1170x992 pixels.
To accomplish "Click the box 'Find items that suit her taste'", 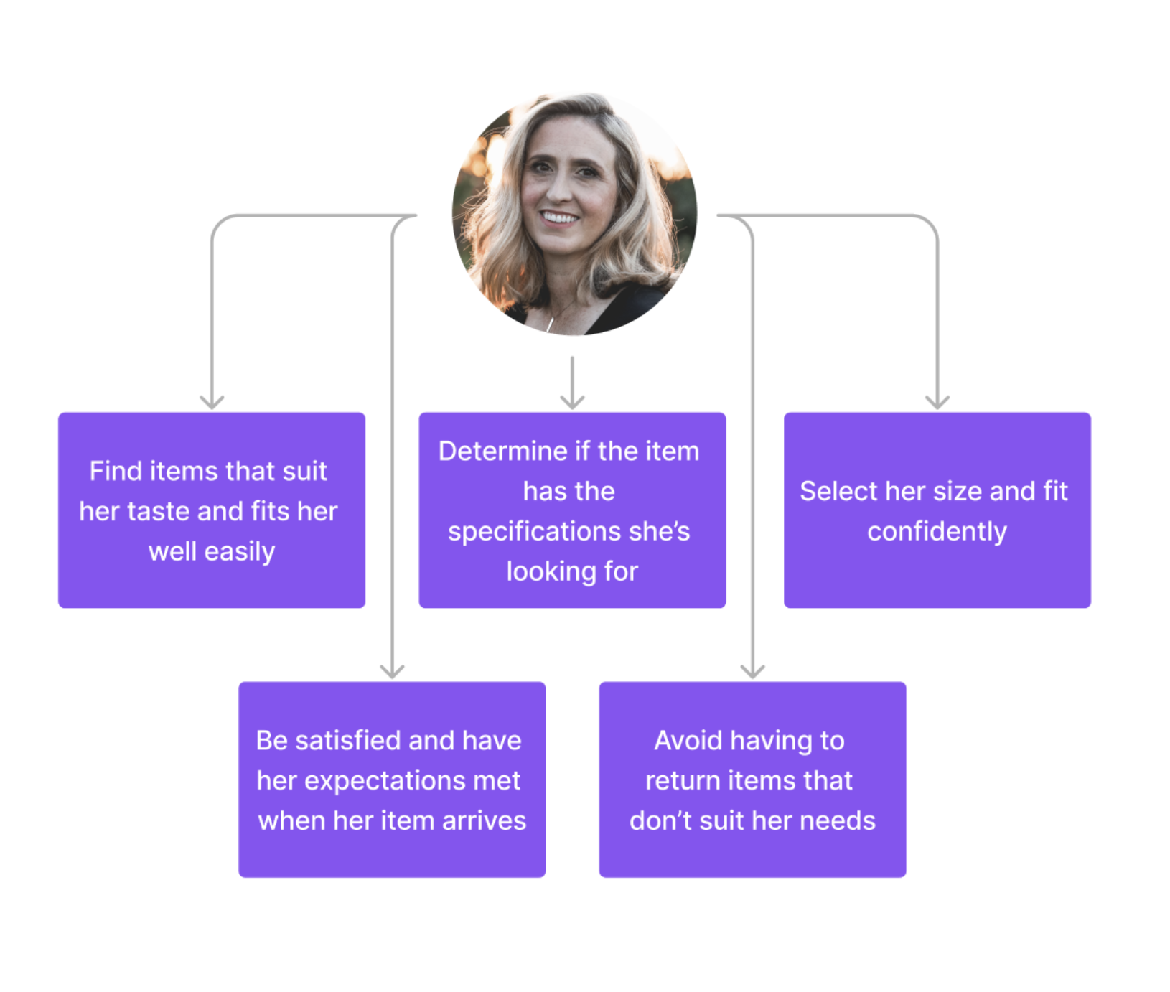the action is tap(212, 510).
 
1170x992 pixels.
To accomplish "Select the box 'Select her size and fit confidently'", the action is tap(937, 510).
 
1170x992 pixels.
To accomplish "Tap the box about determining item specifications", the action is tap(572, 510).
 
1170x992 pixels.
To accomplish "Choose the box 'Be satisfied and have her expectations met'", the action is tap(392, 779).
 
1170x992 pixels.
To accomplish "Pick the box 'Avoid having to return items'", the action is tap(752, 779).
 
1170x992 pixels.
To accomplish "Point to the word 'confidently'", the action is tap(937, 532).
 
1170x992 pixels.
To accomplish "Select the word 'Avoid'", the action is tap(688, 741).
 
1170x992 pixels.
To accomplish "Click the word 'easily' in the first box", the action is tap(240, 552).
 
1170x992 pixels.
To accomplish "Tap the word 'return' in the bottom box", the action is tap(682, 781).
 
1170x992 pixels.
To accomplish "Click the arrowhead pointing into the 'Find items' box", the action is tap(212, 402).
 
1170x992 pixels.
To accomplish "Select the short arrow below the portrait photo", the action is tap(572, 384).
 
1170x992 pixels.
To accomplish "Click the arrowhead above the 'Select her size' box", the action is tap(937, 402).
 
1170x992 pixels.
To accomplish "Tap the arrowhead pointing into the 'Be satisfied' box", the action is tap(392, 671).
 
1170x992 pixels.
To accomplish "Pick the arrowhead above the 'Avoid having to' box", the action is tap(752, 671).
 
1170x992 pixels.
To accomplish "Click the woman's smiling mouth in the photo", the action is tap(558, 217).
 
